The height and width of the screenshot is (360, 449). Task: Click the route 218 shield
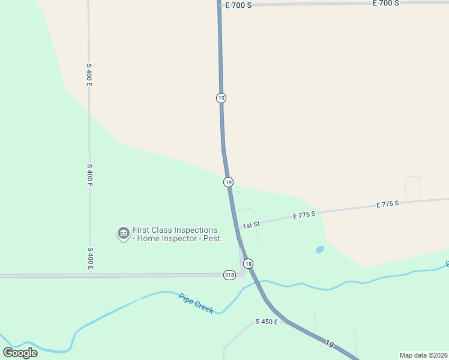(x=229, y=274)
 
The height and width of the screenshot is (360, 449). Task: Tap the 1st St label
(x=251, y=225)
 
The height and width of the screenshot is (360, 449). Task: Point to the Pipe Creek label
(x=196, y=304)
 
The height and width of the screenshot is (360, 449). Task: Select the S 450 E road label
(x=267, y=322)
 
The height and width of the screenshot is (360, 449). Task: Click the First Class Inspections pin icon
(x=123, y=233)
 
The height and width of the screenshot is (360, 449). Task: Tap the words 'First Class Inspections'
(x=175, y=230)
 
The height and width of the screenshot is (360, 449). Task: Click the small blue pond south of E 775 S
(x=320, y=249)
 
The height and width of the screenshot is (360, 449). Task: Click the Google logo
(x=20, y=353)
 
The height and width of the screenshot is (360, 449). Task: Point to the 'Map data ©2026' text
(x=423, y=355)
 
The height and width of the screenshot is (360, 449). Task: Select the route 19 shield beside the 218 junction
(x=248, y=263)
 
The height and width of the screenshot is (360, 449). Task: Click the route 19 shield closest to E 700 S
(x=221, y=98)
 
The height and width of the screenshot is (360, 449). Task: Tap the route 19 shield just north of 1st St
(x=228, y=182)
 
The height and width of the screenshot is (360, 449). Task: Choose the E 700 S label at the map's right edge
(x=385, y=3)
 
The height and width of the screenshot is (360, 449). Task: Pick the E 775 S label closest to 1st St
(x=304, y=214)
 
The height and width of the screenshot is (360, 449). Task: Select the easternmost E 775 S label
(x=388, y=204)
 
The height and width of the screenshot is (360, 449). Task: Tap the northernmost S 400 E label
(x=89, y=74)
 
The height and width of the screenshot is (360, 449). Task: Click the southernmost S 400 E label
(x=89, y=258)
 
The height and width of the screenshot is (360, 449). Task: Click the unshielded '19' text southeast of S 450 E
(x=329, y=343)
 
